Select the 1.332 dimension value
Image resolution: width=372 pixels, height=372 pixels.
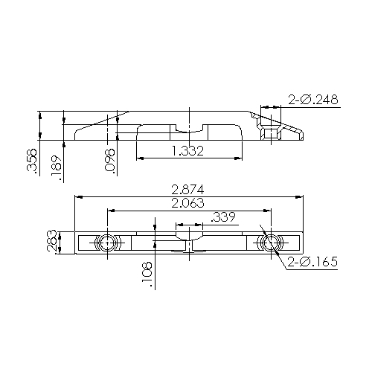click(188, 151)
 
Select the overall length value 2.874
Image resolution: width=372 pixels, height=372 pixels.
click(187, 189)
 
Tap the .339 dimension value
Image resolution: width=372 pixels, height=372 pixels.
click(224, 217)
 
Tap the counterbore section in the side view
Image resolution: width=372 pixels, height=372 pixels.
click(269, 132)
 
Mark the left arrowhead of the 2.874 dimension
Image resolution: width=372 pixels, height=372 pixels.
click(80, 197)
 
